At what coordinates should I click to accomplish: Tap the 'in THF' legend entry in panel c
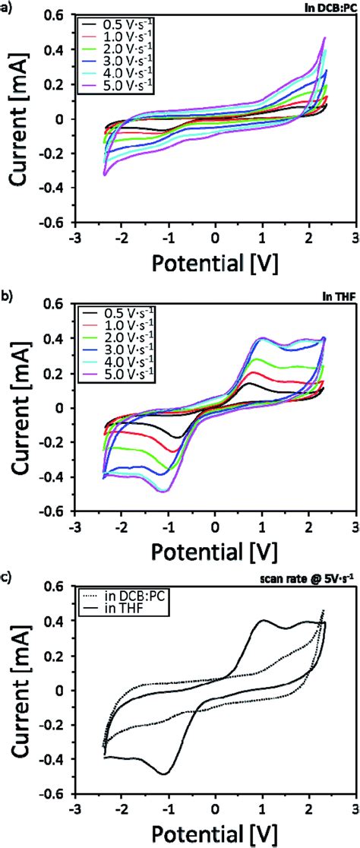coord(129,598)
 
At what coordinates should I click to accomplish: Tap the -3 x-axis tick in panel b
coord(74,524)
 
